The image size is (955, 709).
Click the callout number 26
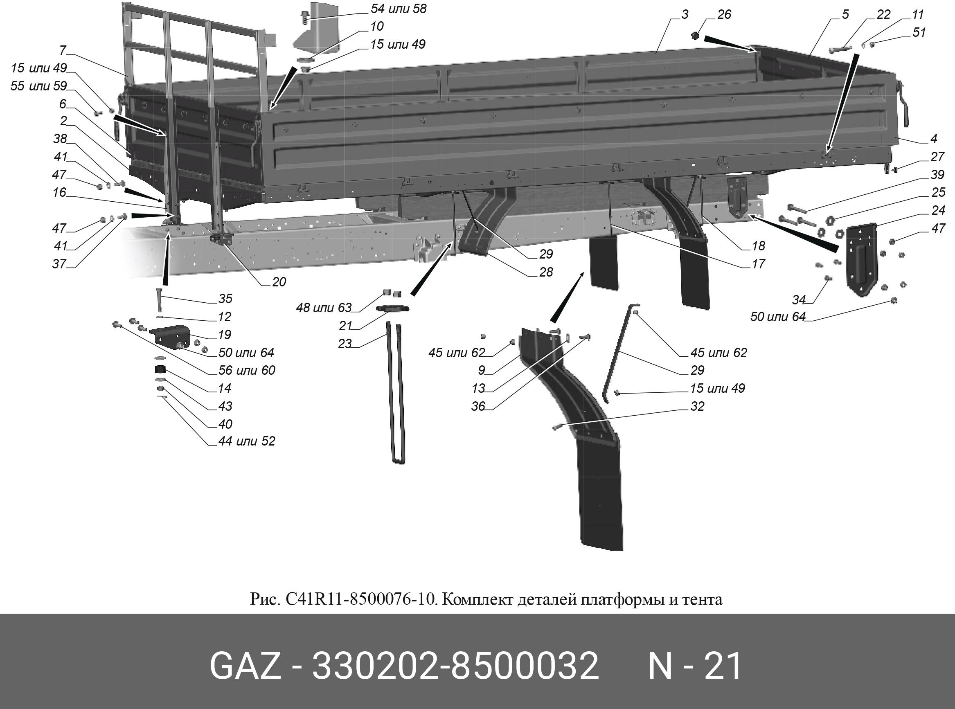[x=724, y=15]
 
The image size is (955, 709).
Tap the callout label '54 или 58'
[x=398, y=9]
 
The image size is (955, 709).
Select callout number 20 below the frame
[x=279, y=282]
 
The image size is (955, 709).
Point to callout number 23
[x=345, y=344]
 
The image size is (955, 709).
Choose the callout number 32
[x=697, y=406]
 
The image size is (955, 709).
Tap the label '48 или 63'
[x=324, y=308]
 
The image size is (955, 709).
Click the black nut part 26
[x=696, y=35]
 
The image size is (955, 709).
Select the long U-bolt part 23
[x=395, y=395]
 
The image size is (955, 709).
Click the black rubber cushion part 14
[x=160, y=369]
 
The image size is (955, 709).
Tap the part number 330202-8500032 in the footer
[x=455, y=666]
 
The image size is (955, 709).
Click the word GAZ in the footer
[x=245, y=666]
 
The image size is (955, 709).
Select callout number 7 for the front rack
[x=63, y=51]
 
